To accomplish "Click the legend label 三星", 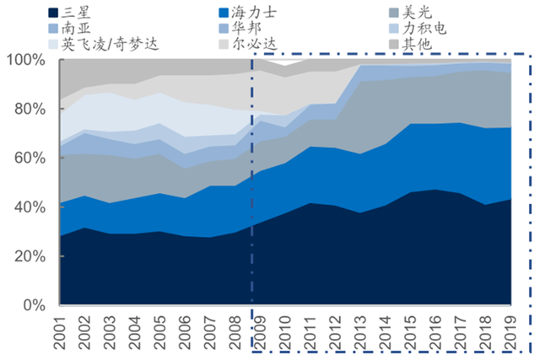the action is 76,13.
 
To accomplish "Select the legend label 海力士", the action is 254,13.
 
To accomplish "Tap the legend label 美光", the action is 417,13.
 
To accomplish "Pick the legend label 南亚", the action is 76,28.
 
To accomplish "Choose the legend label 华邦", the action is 246,28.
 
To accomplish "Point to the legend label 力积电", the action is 424,28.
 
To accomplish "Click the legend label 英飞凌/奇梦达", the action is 111,44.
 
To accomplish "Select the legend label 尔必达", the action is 254,44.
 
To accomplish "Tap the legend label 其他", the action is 417,44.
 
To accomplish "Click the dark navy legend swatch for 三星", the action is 53,13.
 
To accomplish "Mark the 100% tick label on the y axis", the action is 26,60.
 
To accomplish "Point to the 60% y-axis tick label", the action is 30,159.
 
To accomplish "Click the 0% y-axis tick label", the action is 34,305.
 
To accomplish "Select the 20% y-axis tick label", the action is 30,256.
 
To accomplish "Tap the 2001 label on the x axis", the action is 60,332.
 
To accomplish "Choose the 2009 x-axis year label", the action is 260,332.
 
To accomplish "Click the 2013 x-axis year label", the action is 360,332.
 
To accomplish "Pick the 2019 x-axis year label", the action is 510,332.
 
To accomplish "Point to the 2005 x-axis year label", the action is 159,332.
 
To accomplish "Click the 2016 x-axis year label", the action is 435,332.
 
